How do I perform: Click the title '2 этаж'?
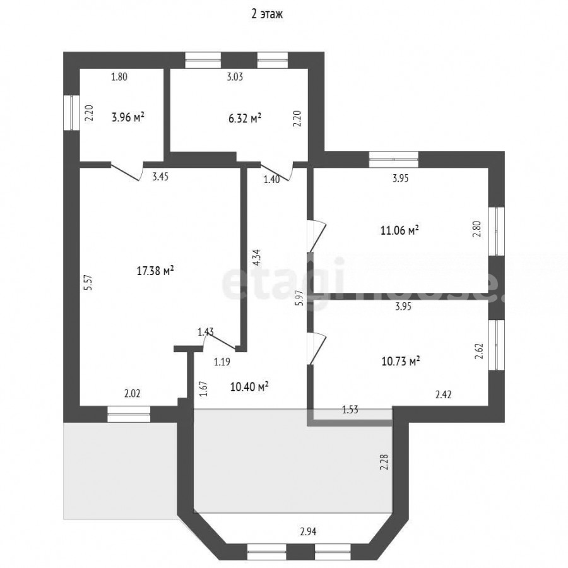coord(267,14)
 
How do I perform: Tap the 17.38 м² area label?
coord(155,271)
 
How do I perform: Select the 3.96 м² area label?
coord(128,117)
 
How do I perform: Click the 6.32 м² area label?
coord(245,118)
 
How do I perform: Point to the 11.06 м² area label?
coord(400,230)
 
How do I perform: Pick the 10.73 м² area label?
coord(401,361)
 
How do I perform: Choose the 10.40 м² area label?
coord(249,386)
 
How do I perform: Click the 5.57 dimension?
coord(88,283)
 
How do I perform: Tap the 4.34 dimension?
coord(256,258)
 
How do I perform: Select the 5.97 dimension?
coord(299,298)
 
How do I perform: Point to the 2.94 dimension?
coord(308,532)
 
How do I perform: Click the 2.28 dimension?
coord(384,463)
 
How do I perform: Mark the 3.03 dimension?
coord(235,77)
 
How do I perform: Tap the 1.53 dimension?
coord(350,410)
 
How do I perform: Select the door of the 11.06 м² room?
coord(317,235)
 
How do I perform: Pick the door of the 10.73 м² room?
coord(317,349)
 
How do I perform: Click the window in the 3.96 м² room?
coord(72,112)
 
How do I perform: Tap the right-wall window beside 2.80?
coord(497,231)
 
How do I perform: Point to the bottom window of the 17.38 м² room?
coord(129,414)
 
